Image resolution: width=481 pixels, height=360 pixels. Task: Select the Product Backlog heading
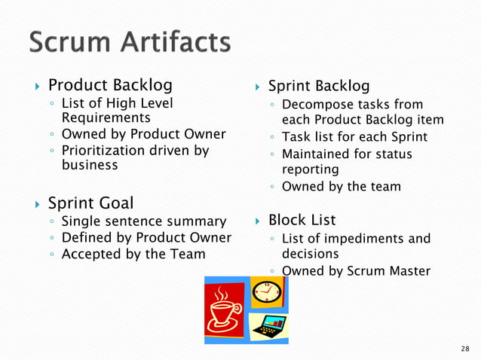point(110,84)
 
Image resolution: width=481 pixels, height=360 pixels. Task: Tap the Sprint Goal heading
point(90,203)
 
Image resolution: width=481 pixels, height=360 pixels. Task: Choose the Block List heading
point(302,220)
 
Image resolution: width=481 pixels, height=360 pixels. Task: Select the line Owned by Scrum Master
point(356,271)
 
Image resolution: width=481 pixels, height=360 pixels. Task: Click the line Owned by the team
point(341,186)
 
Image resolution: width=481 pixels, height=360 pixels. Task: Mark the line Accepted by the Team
point(133,254)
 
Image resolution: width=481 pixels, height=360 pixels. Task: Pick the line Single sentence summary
point(143,221)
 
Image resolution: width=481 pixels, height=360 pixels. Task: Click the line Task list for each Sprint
point(354,137)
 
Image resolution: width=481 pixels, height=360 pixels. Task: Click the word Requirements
point(105,117)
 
